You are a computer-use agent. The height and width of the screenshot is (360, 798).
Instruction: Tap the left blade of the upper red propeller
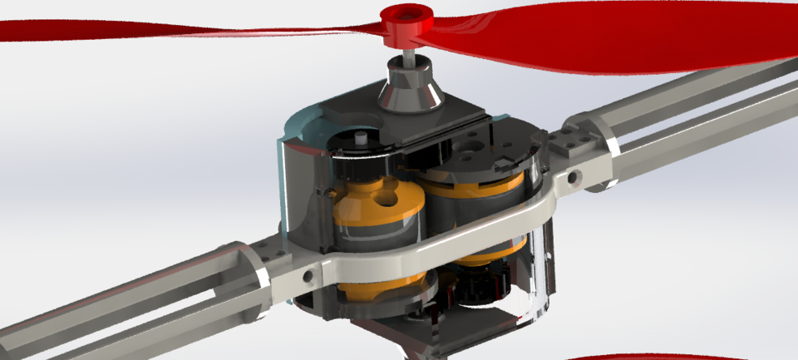tap(166, 31)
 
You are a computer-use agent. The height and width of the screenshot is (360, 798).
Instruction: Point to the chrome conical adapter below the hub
tap(409, 89)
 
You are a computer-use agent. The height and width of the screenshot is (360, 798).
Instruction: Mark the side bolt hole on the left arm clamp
tap(309, 274)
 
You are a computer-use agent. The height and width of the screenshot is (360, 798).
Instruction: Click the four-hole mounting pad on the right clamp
tap(574, 137)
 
